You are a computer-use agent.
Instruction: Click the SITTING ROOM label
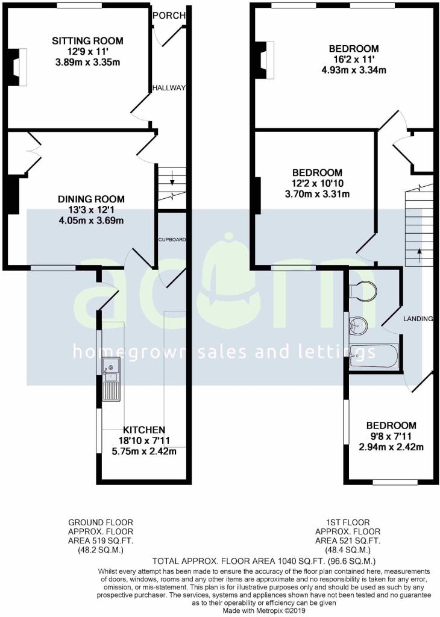tap(87, 41)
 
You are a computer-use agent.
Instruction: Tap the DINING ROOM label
tap(91, 199)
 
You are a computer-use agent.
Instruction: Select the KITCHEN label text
tap(144, 430)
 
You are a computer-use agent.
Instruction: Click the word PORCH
tap(169, 15)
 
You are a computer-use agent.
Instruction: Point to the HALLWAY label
tap(169, 88)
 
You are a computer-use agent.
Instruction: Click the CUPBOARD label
tap(172, 239)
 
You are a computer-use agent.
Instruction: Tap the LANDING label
tap(418, 319)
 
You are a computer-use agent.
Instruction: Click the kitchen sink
tap(111, 379)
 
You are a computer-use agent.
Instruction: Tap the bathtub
tap(374, 355)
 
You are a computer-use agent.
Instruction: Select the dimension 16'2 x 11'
tap(353, 60)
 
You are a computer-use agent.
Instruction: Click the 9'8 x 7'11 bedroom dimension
tap(391, 436)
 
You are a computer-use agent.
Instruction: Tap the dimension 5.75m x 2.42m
tap(144, 451)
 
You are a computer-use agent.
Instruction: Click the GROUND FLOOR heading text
tap(101, 522)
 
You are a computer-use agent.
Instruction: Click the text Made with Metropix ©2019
tap(263, 611)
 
